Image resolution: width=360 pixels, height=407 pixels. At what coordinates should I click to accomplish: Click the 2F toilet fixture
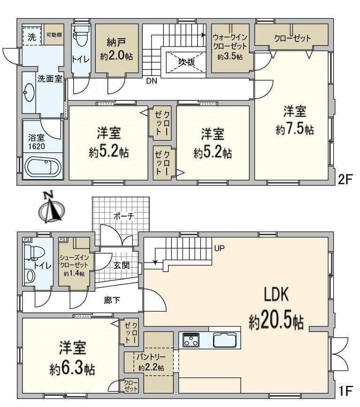pos(80,37)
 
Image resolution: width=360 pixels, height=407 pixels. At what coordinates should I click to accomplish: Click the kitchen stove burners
pos(191,340)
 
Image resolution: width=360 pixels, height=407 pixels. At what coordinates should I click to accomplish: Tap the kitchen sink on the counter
pos(225,340)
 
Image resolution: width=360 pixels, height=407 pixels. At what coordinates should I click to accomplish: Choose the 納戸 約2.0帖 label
pos(116,49)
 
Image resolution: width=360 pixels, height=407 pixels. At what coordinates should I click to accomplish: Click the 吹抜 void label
pos(187,62)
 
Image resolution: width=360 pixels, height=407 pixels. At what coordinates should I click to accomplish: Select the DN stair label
pos(152,81)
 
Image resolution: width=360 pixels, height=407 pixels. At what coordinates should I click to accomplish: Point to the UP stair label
pos(219,249)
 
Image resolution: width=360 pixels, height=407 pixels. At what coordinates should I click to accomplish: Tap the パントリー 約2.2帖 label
pos(151,362)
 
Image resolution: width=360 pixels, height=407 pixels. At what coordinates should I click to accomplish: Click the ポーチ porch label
pos(123,216)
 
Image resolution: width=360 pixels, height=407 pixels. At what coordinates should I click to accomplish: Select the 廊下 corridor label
pos(112,300)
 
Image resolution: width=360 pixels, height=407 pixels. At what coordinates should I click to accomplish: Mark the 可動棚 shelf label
pos(54,35)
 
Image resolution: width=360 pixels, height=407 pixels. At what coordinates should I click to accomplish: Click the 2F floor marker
pos(345,180)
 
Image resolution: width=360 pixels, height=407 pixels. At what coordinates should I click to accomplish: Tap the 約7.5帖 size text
pos(295,129)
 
